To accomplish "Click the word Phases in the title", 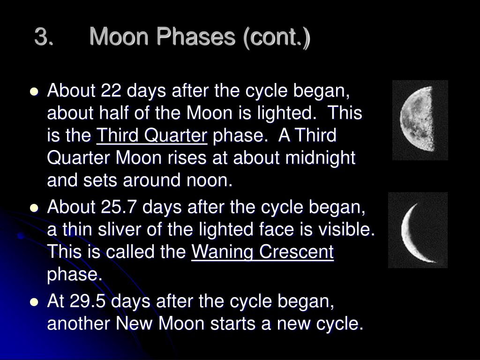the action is click(x=195, y=37).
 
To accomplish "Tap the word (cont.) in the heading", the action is click(x=277, y=37).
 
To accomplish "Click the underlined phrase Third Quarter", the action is click(x=152, y=135).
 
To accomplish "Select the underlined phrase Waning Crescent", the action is click(x=262, y=252).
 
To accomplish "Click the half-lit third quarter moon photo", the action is click(x=420, y=120).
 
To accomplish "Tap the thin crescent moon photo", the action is click(x=418, y=230).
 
